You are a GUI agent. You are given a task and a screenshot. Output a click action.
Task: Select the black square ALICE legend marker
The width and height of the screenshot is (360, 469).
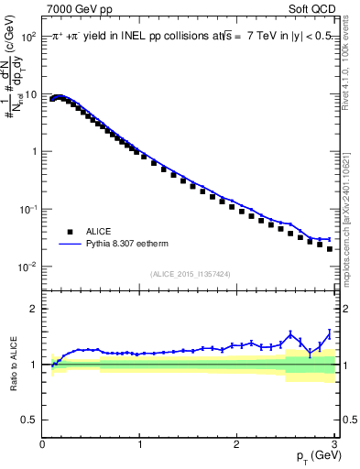(69, 232)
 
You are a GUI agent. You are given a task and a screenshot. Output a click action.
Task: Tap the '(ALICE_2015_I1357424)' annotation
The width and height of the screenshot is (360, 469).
(190, 273)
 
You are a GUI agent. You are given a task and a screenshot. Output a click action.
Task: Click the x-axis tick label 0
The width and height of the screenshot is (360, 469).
(42, 444)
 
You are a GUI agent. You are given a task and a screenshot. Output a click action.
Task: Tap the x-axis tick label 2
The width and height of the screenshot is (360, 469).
(236, 444)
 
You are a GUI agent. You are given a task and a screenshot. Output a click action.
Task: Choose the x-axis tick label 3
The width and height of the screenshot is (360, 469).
(333, 444)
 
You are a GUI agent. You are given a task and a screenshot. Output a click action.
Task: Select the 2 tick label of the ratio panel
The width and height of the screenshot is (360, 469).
(34, 309)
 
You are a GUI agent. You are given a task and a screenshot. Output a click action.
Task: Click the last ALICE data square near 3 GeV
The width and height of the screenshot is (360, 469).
(330, 248)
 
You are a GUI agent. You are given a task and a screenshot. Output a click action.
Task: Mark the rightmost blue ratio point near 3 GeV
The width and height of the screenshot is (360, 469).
(330, 333)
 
